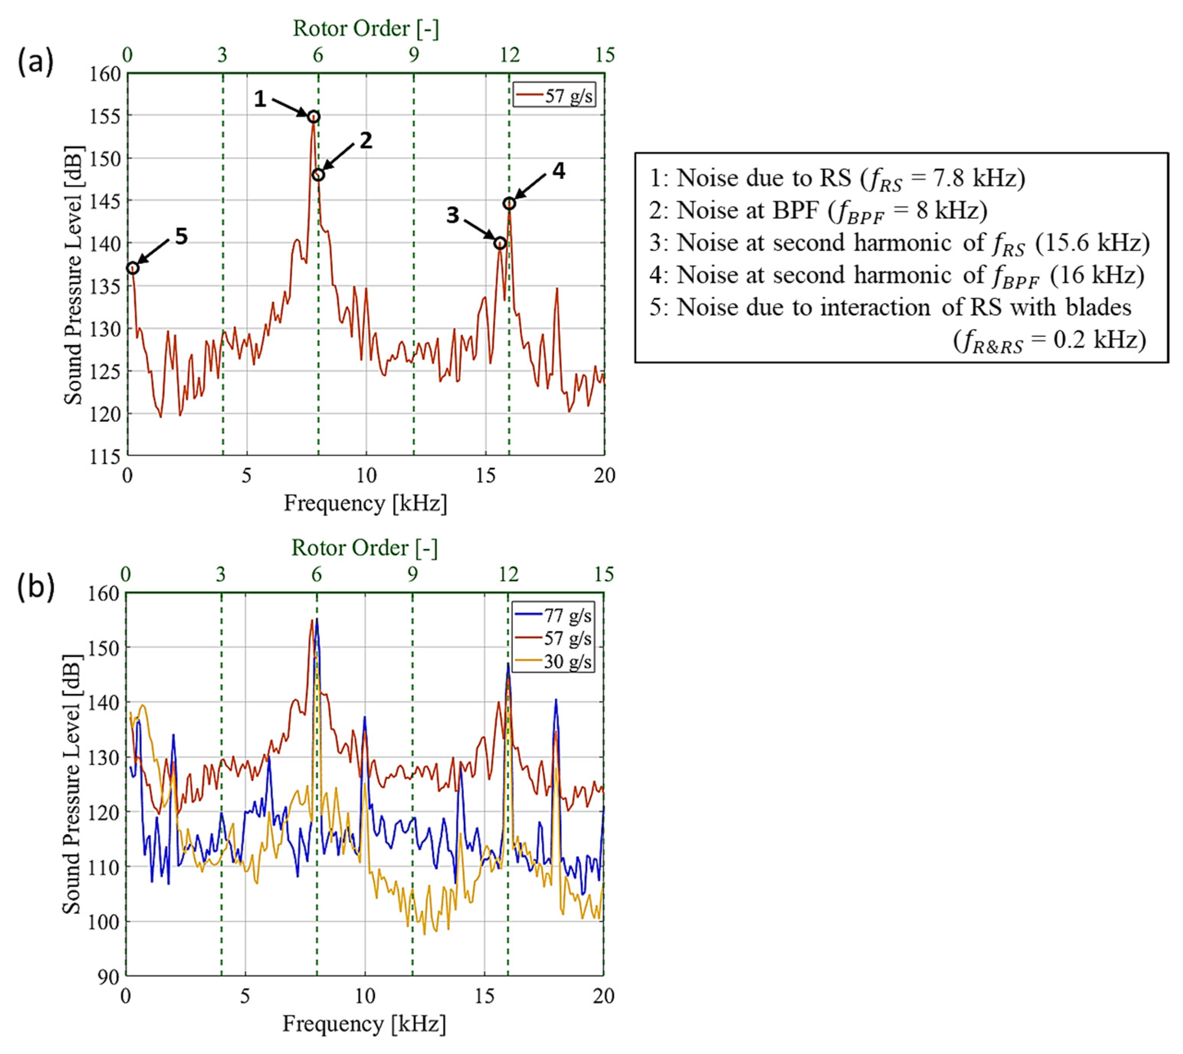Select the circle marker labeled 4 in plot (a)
coord(509,203)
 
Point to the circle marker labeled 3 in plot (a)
coord(500,244)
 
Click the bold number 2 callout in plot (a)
coord(365,140)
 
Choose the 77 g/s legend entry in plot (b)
coord(553,615)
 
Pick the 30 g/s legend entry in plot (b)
coord(553,661)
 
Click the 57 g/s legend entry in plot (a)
coord(555,95)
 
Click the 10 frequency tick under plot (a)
coord(366,476)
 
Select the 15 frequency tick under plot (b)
coord(484,996)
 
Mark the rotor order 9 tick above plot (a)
coord(413,55)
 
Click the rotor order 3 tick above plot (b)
coord(221,574)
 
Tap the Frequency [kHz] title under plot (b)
coord(364,1024)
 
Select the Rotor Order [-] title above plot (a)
coord(366,28)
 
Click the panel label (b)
coord(36,586)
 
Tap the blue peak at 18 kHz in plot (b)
coord(556,700)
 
